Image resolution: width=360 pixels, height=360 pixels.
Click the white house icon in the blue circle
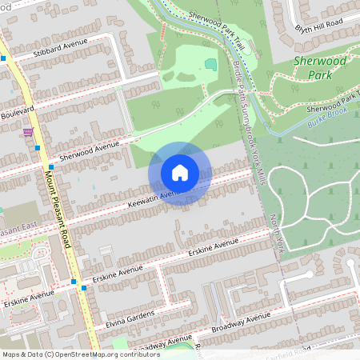[x=180, y=173]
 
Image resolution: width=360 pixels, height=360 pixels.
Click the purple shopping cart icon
[x=29, y=132]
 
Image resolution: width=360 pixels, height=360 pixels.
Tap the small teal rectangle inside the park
[x=210, y=64]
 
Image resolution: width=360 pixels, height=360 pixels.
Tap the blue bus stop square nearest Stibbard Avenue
[x=3, y=58]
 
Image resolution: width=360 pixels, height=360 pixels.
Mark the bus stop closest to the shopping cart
[x=38, y=147]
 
